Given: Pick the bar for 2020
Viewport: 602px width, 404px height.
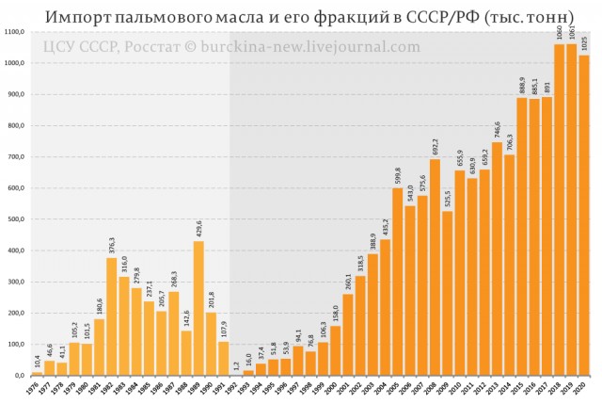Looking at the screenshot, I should click(x=584, y=216).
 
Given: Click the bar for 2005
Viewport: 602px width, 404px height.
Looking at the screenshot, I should click(x=398, y=283).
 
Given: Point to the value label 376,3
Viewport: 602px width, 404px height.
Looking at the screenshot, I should click(x=112, y=246).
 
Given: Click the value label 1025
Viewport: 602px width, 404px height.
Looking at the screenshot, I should click(x=584, y=43).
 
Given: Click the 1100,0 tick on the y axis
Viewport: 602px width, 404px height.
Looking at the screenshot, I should click(x=15, y=33).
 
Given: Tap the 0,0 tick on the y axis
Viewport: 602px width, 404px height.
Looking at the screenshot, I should click(x=20, y=376).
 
